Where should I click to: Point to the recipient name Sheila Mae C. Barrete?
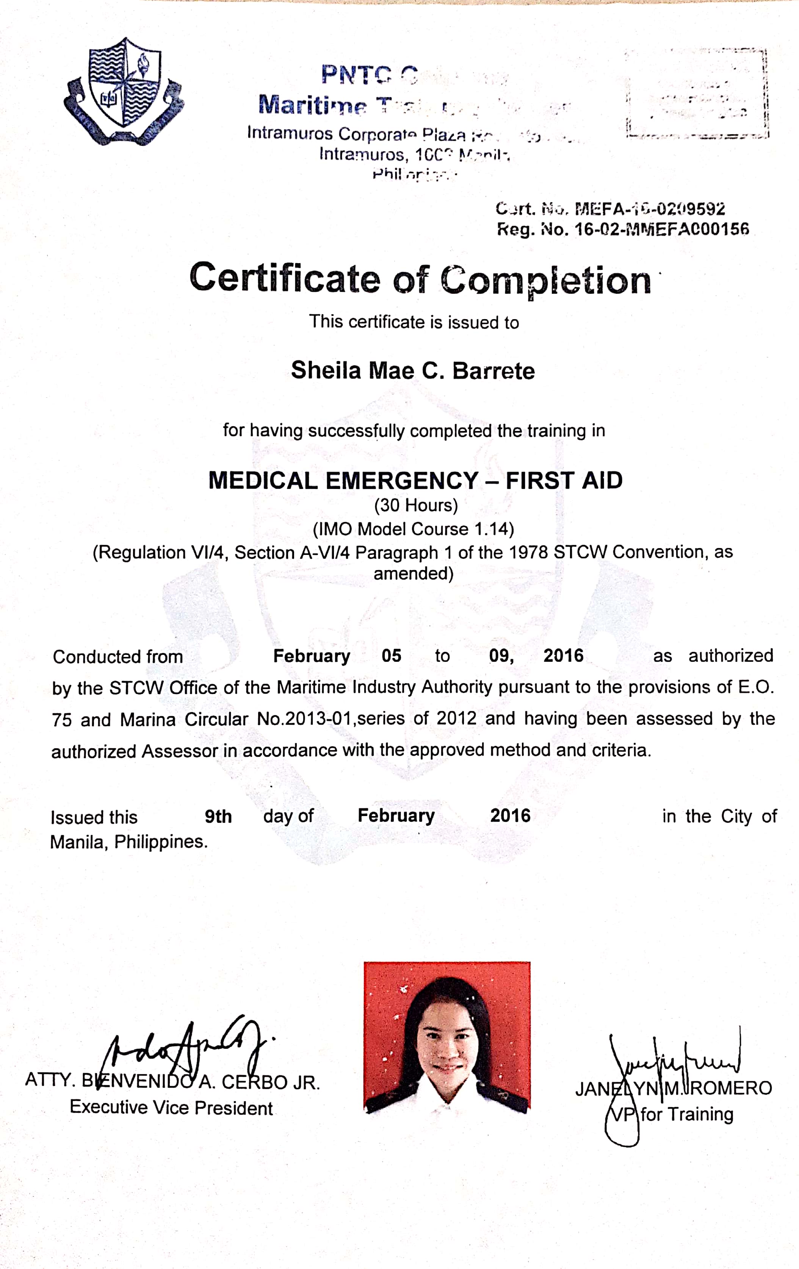click(x=413, y=370)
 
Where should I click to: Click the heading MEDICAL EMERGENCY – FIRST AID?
click(x=415, y=481)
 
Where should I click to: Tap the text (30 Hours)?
click(x=416, y=505)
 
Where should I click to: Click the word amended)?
click(x=413, y=573)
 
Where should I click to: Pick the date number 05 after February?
click(x=392, y=656)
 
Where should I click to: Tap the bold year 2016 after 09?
click(x=563, y=656)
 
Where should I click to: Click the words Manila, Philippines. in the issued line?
click(x=129, y=841)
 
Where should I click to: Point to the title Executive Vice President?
click(x=171, y=1107)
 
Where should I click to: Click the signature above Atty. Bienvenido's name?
click(x=185, y=1046)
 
